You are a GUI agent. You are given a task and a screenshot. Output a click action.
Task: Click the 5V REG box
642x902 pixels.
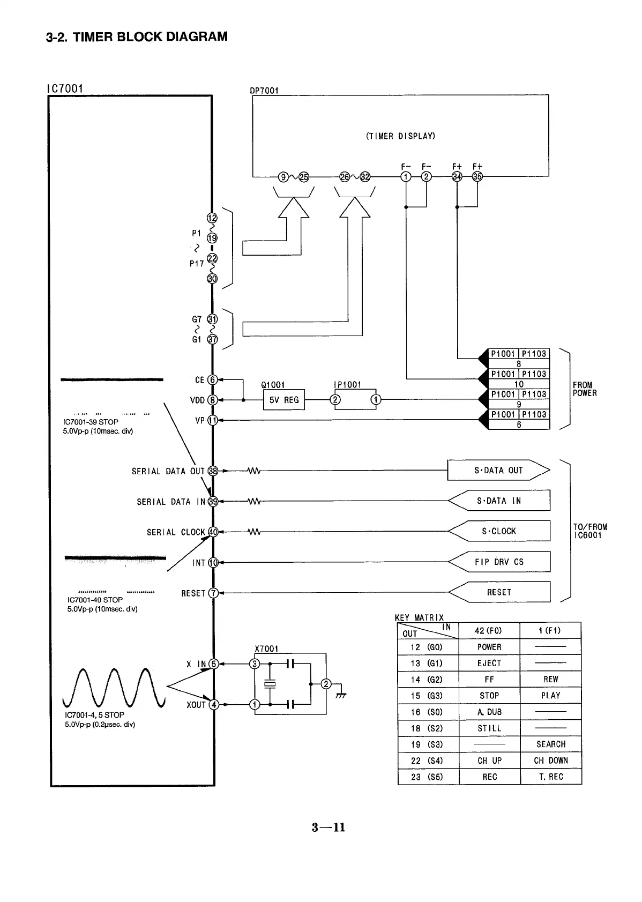pos(284,400)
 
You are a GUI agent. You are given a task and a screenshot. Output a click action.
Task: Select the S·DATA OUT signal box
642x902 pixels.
pos(498,471)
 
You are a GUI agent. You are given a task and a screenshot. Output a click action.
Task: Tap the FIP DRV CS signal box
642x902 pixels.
pos(499,562)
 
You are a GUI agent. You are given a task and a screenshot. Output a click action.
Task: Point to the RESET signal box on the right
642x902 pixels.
pos(499,592)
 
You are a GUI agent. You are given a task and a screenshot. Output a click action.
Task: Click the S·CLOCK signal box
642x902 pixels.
pos(499,531)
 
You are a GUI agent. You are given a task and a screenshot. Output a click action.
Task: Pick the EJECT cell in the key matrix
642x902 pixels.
pos(489,663)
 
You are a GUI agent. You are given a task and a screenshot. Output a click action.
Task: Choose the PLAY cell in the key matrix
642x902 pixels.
pos(550,696)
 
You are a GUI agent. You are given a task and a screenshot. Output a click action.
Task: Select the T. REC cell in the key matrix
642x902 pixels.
pos(550,777)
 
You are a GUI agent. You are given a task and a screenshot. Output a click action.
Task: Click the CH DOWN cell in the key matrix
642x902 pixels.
pos(550,761)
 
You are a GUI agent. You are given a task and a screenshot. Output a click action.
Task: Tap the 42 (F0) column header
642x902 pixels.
pos(489,631)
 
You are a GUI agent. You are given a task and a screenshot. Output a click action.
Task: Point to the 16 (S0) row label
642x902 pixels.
pos(428,712)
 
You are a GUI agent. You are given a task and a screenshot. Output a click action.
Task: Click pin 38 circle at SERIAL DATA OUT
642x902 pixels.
pos(213,471)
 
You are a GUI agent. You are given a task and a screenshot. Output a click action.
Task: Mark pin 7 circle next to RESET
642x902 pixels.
pos(213,593)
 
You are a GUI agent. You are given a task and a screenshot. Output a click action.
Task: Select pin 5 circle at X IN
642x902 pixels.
pos(213,664)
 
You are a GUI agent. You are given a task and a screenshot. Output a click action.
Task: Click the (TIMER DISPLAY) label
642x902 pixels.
pos(400,136)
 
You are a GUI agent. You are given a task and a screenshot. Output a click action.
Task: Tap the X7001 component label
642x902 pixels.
pos(266,649)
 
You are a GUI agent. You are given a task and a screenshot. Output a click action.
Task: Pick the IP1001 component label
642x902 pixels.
pos(347,385)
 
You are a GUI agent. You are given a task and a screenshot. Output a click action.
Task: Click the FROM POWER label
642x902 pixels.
pos(585,389)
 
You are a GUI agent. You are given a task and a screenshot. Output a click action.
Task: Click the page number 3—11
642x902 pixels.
pos(329,828)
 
